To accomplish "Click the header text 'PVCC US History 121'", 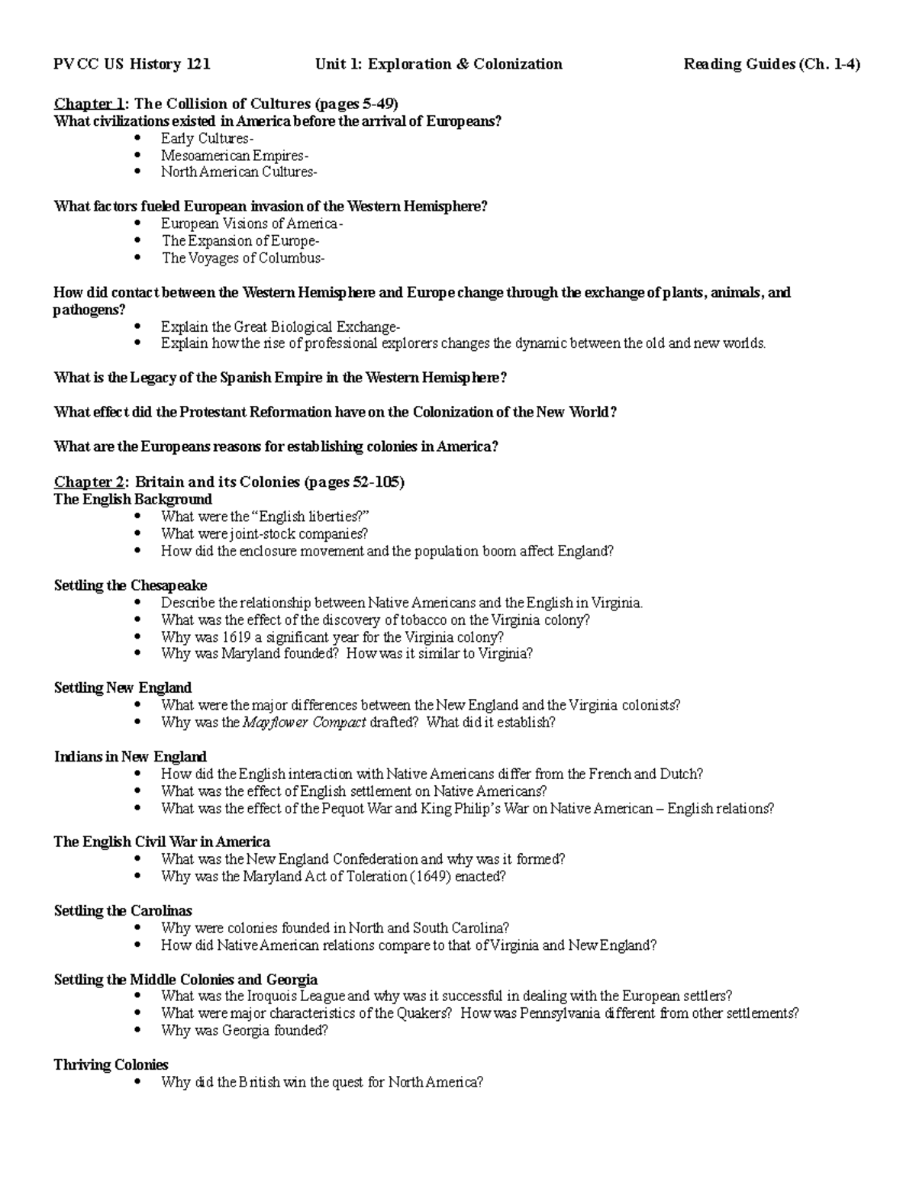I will pos(131,64).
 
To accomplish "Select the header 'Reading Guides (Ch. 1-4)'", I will pos(772,64).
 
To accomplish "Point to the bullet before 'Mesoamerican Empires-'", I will pos(137,156).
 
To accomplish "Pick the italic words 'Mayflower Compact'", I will pos(304,723).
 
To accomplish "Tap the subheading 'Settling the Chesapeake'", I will pos(130,585).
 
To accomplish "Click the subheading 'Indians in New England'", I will pos(130,757).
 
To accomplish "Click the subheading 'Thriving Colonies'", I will pos(111,1064).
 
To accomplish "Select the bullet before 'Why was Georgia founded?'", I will pos(137,1031).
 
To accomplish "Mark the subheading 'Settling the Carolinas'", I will pos(123,911).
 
